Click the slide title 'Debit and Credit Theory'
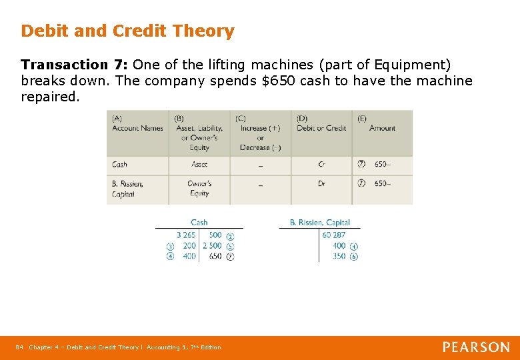click(127, 31)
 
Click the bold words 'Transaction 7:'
click(74, 65)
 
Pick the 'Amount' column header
click(382, 128)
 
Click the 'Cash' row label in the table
click(120, 165)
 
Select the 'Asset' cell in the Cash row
click(199, 165)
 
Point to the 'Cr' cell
click(322, 165)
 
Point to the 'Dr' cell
click(322, 184)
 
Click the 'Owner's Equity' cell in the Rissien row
click(199, 189)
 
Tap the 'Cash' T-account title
click(199, 223)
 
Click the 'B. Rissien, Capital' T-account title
click(320, 223)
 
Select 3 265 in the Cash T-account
click(186, 235)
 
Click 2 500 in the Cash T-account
click(212, 246)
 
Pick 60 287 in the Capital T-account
click(334, 235)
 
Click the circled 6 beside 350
click(354, 257)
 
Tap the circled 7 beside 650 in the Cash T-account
click(230, 257)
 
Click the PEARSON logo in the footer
click(476, 347)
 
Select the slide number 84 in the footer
click(19, 347)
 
